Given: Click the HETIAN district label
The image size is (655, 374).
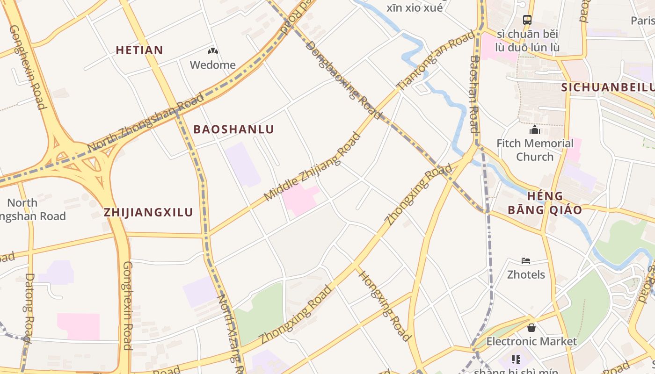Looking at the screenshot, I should pyautogui.click(x=139, y=50).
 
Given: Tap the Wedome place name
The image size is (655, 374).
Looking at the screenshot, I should pyautogui.click(x=212, y=65).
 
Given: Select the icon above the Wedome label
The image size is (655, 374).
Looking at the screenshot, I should pyautogui.click(x=212, y=50).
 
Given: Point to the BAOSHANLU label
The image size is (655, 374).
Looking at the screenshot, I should pyautogui.click(x=233, y=129).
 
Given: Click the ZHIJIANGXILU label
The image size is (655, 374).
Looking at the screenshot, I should pyautogui.click(x=148, y=212).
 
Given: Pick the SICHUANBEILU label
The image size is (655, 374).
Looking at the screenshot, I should pyautogui.click(x=607, y=87).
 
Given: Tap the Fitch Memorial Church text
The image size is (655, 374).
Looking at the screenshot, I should pyautogui.click(x=535, y=150).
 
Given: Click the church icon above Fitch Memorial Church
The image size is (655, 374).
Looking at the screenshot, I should pyautogui.click(x=534, y=129).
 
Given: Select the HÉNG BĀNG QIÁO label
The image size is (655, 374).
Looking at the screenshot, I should pyautogui.click(x=545, y=203).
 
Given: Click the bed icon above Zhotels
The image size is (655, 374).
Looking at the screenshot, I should pyautogui.click(x=526, y=260).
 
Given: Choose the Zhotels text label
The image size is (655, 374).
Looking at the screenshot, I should pyautogui.click(x=526, y=274).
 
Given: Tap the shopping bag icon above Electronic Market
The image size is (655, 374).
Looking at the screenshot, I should pyautogui.click(x=531, y=328).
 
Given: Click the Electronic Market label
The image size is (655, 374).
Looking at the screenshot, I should pyautogui.click(x=531, y=341).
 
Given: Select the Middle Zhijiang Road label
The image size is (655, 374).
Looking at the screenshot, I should pyautogui.click(x=313, y=166).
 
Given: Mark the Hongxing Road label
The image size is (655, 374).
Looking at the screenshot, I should pyautogui.click(x=384, y=305).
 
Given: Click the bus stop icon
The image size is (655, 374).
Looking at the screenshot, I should pyautogui.click(x=527, y=20).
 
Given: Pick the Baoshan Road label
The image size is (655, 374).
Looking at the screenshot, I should pyautogui.click(x=474, y=93).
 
